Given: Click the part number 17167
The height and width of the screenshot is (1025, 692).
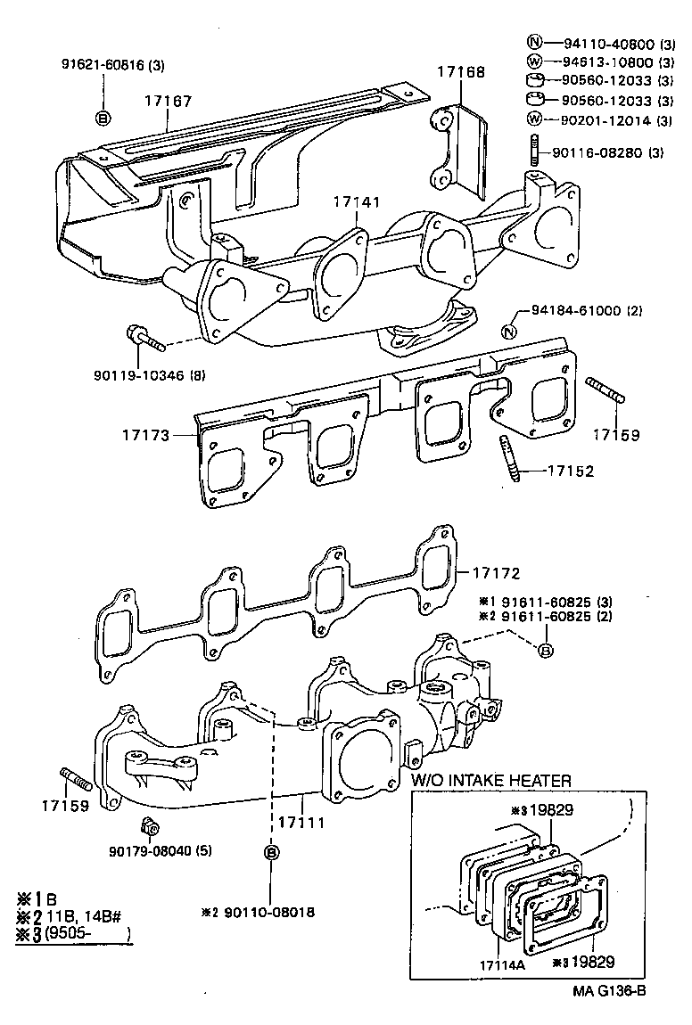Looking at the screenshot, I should pyautogui.click(x=168, y=102).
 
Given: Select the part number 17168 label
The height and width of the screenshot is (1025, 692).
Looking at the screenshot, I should pyautogui.click(x=461, y=72).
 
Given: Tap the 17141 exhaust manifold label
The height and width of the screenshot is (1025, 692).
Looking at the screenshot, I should pyautogui.click(x=358, y=203).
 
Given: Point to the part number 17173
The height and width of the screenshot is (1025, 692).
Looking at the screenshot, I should pyautogui.click(x=146, y=437).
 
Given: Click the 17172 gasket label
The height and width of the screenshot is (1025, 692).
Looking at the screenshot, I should pyautogui.click(x=495, y=573).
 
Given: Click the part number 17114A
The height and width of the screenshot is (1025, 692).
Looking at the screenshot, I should pyautogui.click(x=503, y=964).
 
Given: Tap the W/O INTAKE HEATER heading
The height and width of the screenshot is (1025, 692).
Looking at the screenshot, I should pyautogui.click(x=490, y=780).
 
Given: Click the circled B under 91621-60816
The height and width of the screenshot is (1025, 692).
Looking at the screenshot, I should pyautogui.click(x=103, y=118).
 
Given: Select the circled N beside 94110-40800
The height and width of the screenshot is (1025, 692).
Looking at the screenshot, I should pyautogui.click(x=534, y=43).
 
